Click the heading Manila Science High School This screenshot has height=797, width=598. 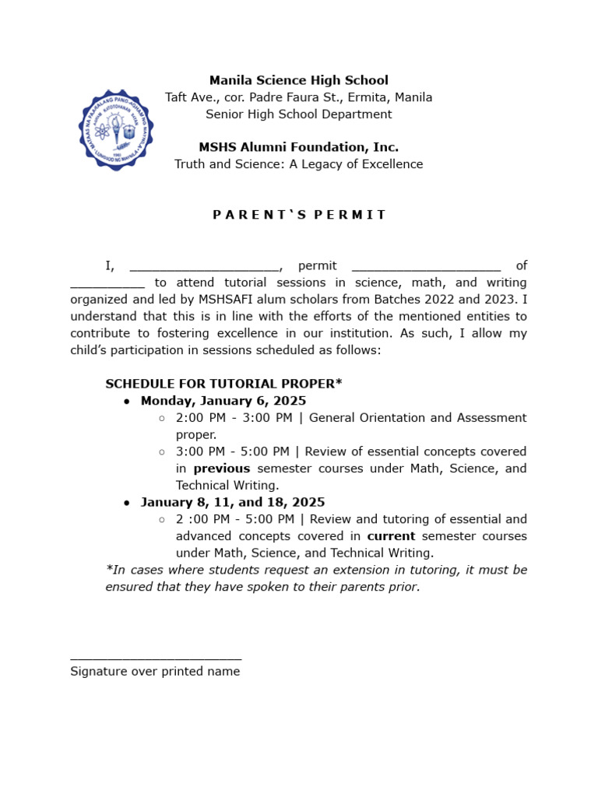298,80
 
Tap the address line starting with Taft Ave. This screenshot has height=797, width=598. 298,97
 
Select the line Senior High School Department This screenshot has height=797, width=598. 298,114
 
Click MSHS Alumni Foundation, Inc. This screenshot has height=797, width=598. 298,147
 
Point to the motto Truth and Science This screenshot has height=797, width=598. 298,164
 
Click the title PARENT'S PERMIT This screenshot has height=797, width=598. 299,215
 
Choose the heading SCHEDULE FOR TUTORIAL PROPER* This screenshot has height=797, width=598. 223,384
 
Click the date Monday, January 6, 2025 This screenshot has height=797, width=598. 223,401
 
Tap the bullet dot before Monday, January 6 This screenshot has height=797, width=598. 127,402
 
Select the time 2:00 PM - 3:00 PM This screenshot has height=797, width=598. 234,418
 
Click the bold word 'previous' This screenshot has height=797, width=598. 222,469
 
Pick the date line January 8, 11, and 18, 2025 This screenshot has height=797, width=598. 233,502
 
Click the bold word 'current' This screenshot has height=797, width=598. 391,536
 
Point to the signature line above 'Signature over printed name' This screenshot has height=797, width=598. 156,658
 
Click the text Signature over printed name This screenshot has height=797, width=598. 155,671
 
